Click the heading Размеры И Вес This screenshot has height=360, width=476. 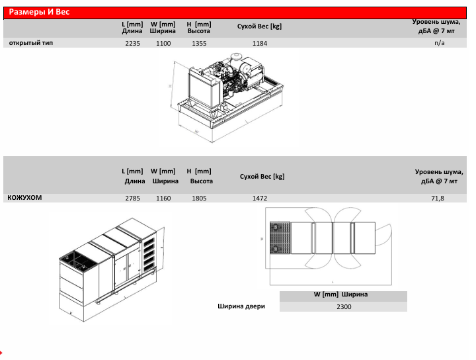pos(39,12)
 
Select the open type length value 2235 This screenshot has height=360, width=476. pos(133,44)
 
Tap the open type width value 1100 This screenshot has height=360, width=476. pos(163,44)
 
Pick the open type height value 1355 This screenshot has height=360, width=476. pos(199,44)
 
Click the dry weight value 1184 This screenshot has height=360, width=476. pos(260,44)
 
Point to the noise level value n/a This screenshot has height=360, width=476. pos(439,43)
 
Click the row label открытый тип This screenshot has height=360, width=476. pos(31,43)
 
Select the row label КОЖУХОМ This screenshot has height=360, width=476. pos(24,197)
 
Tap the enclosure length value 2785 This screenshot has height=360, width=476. pos(133,199)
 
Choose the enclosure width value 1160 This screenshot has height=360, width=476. pos(163,199)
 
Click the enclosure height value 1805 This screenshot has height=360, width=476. pos(199,199)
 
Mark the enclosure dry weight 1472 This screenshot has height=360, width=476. pos(260,199)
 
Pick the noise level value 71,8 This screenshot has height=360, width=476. pos(438,199)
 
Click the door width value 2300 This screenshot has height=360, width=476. pos(344,307)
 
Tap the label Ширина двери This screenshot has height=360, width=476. pos(241,306)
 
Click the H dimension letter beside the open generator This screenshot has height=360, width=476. pos(171,86)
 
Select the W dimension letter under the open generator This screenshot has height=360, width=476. pos(197,132)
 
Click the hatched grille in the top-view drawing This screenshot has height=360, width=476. pos(280,238)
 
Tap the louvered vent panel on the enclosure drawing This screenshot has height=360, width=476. pos(149,255)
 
